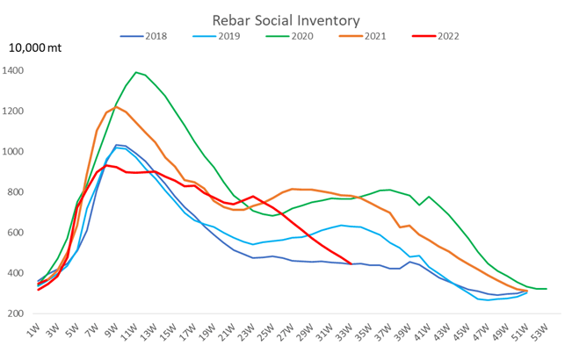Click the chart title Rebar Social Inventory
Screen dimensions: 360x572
pyautogui.click(x=286, y=19)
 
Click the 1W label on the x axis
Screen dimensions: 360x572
pyautogui.click(x=34, y=335)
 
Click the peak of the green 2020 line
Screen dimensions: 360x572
pyautogui.click(x=136, y=72)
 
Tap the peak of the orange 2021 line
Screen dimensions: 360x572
pyautogui.click(x=116, y=107)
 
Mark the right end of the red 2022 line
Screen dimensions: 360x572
pyautogui.click(x=351, y=263)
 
